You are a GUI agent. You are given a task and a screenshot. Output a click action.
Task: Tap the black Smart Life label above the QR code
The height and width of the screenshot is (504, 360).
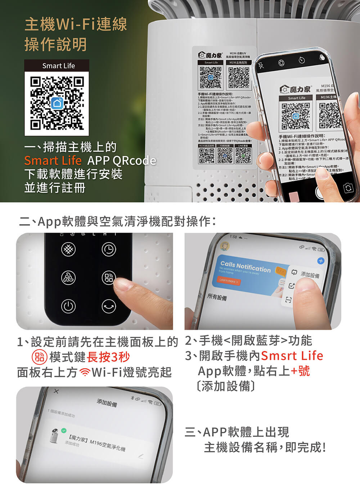57,66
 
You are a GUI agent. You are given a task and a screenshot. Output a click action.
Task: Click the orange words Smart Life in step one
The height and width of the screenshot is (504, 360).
53,161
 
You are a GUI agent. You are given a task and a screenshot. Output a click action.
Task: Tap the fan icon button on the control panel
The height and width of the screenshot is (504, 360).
68,277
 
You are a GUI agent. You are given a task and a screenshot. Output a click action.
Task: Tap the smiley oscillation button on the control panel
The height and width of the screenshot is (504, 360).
109,306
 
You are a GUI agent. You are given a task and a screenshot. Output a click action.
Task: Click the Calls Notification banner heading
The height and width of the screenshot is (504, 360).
245,267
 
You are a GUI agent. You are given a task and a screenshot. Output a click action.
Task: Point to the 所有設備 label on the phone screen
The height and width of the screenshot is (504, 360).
217,297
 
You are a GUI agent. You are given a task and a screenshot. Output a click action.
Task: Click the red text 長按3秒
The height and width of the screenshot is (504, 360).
108,357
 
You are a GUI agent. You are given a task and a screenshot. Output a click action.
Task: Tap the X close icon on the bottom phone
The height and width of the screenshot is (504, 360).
56,391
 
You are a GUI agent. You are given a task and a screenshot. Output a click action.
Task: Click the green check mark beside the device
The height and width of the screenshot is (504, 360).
64,430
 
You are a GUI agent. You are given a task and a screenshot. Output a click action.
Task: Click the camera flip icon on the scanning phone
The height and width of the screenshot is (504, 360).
348,188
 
